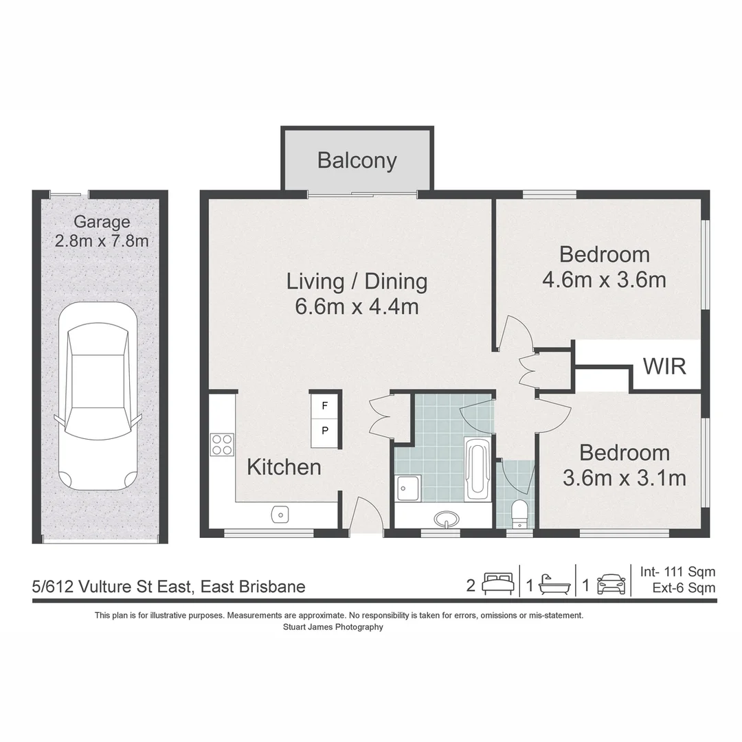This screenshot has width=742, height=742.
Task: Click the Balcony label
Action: (x=357, y=160)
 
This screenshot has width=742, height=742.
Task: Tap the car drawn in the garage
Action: (x=98, y=396)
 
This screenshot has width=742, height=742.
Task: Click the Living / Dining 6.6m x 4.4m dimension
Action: (x=357, y=306)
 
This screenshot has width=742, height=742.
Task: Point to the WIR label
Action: (x=664, y=366)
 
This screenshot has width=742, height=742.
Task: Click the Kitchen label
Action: (x=284, y=468)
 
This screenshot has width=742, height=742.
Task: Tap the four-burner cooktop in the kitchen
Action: (x=222, y=445)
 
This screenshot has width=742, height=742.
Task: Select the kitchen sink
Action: (x=280, y=515)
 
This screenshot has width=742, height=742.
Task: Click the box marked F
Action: (x=324, y=405)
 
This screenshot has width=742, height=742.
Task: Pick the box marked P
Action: (x=324, y=431)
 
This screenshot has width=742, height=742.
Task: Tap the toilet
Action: (x=519, y=514)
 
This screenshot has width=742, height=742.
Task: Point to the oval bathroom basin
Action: (x=447, y=519)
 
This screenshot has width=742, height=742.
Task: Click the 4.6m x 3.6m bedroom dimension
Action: (x=605, y=280)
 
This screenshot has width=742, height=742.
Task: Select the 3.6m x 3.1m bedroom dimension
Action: (x=624, y=478)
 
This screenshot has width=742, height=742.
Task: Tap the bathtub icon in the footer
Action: (x=554, y=585)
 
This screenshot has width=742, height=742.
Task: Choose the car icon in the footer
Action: (x=611, y=585)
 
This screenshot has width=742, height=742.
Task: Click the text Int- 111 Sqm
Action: (x=677, y=572)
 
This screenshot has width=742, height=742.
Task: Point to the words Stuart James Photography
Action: (x=333, y=627)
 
